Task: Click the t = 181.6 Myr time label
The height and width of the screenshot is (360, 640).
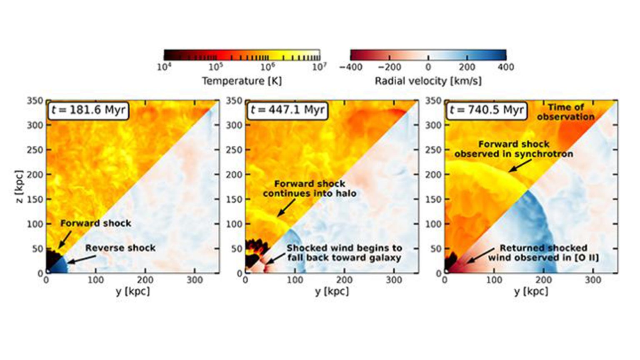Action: pos(88,110)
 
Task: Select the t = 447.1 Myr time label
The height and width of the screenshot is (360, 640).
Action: pos(287,110)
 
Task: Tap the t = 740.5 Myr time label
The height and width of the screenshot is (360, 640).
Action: pos(486,110)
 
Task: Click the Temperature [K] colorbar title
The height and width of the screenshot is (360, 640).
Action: pos(242,81)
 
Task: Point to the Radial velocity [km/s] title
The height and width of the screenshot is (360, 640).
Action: pos(428,81)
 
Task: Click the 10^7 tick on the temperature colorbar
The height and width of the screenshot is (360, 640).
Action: pos(319,67)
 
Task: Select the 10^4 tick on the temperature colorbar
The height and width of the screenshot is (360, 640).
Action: pos(164,67)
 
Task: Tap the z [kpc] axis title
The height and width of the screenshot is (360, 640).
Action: pos(18,186)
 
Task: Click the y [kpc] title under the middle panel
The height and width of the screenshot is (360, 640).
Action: pos(332,291)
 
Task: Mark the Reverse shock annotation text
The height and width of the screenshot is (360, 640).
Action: pos(120,248)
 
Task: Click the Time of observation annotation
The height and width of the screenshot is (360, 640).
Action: pos(565,112)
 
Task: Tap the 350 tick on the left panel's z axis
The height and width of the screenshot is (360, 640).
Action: pos(35,101)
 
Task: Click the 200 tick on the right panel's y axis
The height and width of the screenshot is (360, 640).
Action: pos(543,280)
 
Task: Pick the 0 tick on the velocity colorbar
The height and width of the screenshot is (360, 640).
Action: pos(428,67)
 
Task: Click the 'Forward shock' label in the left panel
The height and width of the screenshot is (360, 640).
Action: pos(96,223)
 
